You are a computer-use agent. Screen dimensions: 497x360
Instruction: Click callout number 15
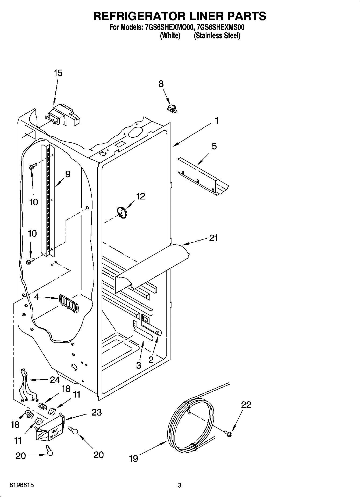click(58, 73)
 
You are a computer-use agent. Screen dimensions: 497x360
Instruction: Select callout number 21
click(213, 238)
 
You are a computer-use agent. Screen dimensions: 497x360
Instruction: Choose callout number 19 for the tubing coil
click(133, 458)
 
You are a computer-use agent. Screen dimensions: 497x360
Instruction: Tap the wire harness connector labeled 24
click(25, 373)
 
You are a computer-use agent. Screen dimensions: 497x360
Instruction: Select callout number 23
click(97, 412)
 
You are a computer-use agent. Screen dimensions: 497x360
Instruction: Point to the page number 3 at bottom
click(180, 485)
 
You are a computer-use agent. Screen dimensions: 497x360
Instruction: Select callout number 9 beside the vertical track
click(67, 174)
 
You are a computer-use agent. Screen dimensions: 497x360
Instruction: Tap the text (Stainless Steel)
click(217, 35)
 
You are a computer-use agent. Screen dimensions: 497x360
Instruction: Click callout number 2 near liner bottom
click(151, 360)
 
